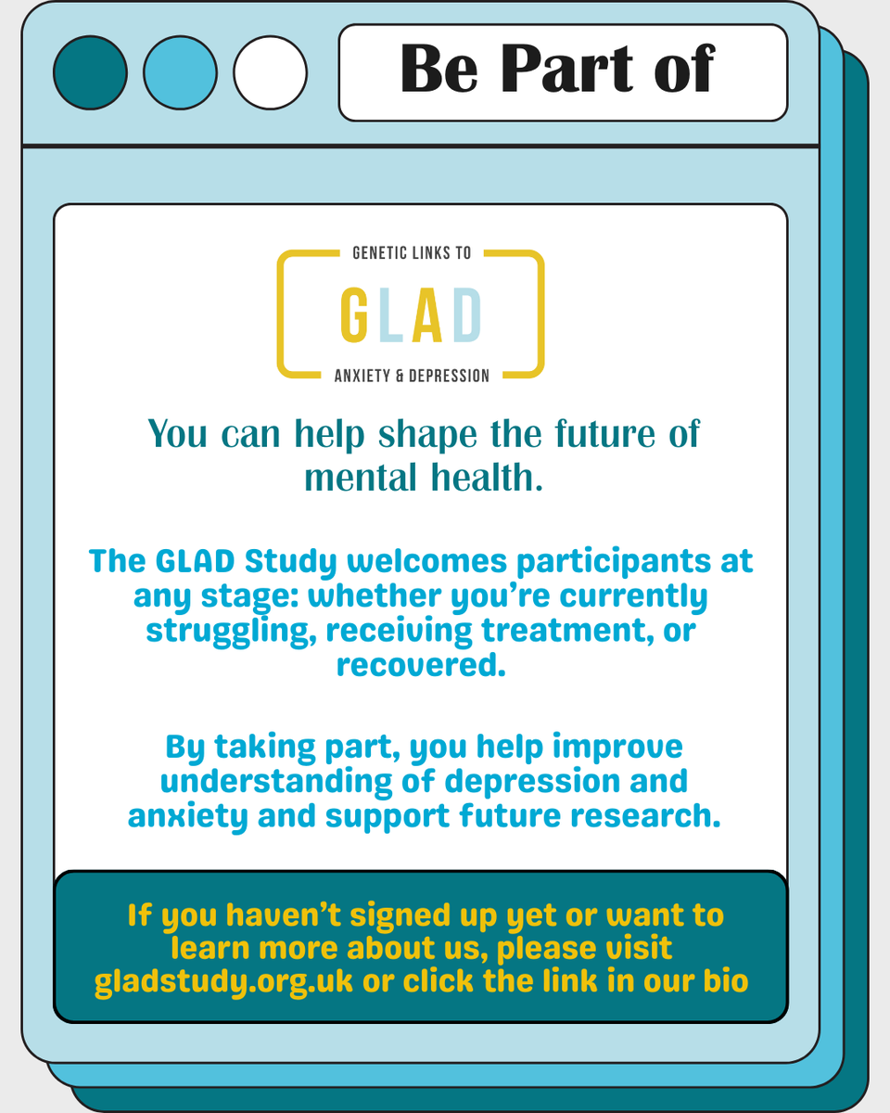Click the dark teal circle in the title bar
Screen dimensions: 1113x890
pyautogui.click(x=90, y=72)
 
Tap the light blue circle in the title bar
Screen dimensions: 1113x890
pyautogui.click(x=180, y=72)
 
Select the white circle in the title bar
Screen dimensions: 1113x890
pyautogui.click(x=270, y=72)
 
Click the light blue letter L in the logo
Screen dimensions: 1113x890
pyautogui.click(x=390, y=313)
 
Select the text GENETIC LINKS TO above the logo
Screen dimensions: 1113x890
pyautogui.click(x=412, y=253)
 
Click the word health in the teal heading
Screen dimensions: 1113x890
pyautogui.click(x=483, y=478)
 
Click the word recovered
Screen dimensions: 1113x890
pyautogui.click(x=420, y=664)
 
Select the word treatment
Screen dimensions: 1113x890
pyautogui.click(x=566, y=631)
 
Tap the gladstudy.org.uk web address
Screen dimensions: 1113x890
pyautogui.click(x=224, y=980)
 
